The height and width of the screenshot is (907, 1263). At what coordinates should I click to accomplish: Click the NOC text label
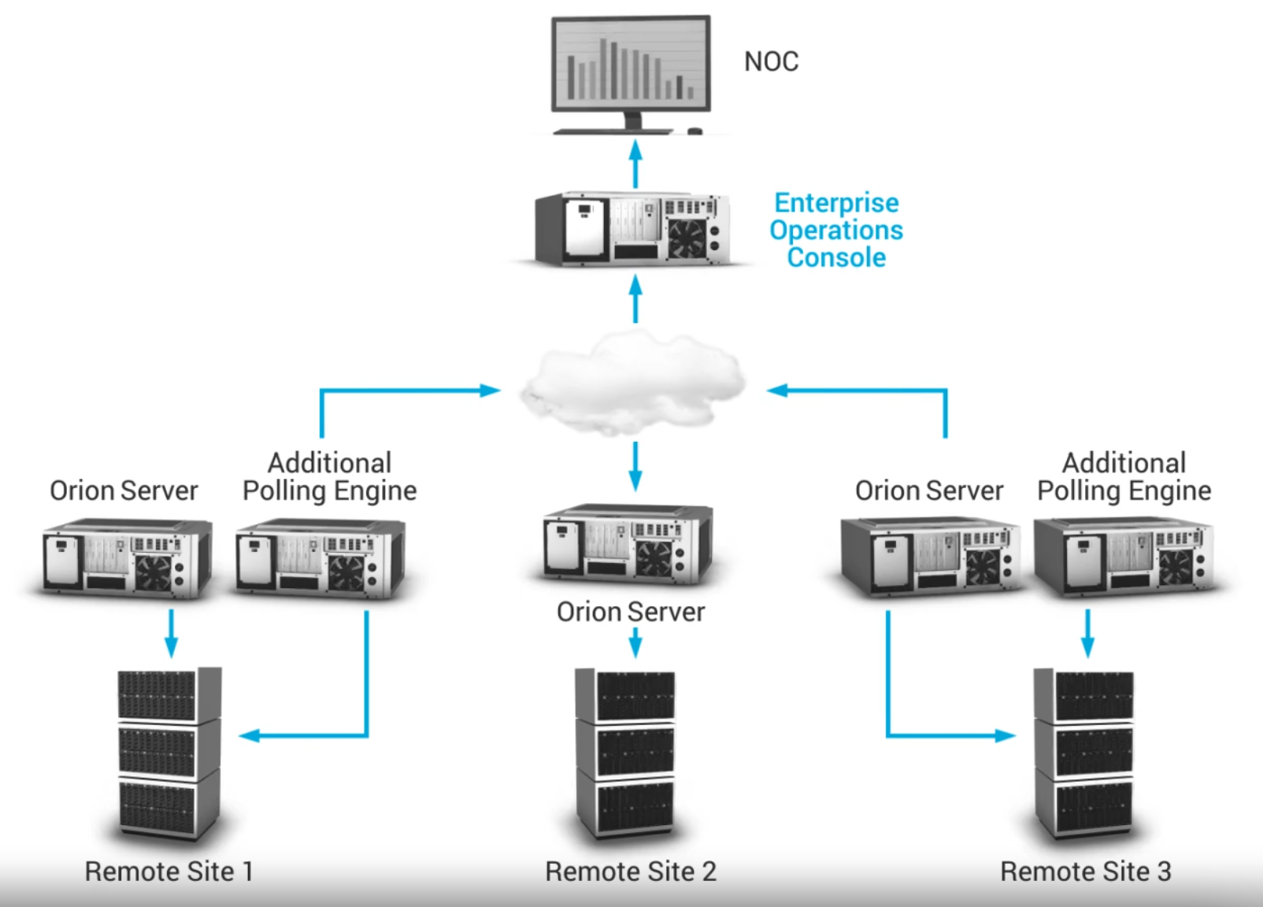point(771,61)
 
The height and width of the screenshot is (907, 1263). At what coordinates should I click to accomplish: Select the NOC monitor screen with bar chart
point(631,64)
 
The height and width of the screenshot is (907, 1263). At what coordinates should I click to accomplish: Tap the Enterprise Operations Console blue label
point(836,230)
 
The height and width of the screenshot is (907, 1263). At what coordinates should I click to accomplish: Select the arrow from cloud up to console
point(635,298)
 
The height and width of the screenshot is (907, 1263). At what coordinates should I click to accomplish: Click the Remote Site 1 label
point(169,872)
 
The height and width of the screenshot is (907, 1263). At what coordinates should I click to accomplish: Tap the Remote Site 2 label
point(631,872)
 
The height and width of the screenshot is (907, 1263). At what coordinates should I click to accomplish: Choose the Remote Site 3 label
point(1085,872)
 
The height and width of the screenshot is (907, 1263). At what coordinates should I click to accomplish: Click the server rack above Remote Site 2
point(626,753)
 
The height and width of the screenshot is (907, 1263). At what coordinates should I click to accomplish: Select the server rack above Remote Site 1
point(169,753)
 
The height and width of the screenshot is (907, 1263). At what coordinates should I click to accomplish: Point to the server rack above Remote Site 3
point(1085,753)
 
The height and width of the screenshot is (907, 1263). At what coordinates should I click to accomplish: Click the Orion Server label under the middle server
point(631,612)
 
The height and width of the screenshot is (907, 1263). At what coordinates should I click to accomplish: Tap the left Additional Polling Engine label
point(329,476)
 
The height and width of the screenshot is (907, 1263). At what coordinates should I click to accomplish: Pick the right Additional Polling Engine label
point(1124,476)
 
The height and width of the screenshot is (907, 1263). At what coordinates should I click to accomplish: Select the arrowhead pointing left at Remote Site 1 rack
point(249,736)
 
